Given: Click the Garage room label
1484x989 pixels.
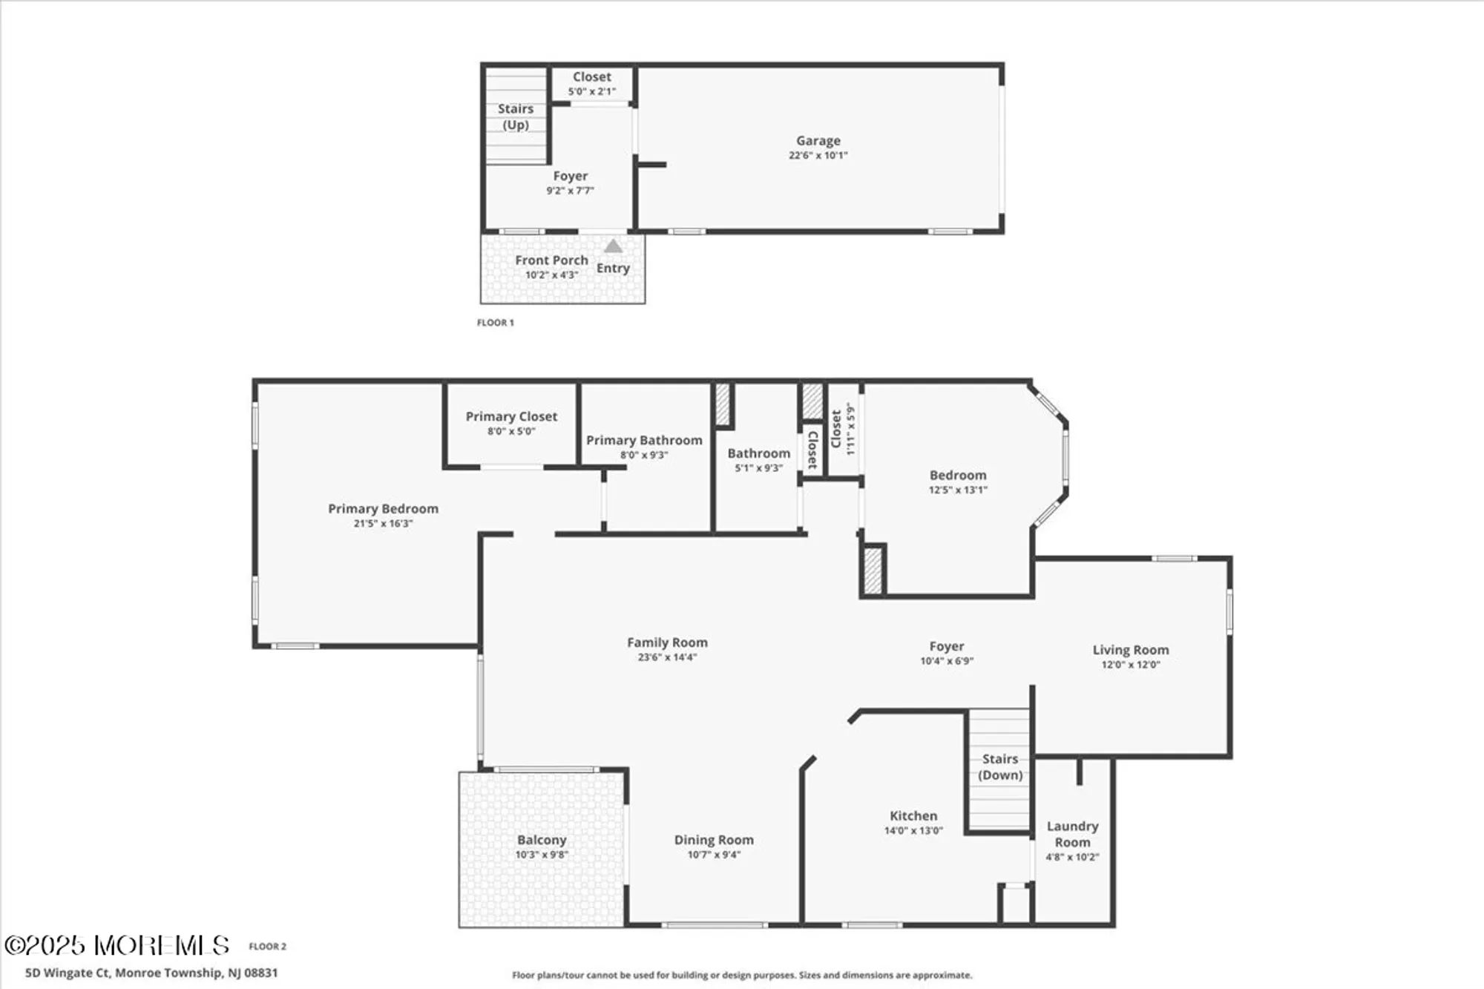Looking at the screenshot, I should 818,140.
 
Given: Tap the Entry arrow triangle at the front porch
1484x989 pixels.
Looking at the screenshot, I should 613,246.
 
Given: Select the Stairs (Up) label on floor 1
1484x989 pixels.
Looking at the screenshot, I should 516,116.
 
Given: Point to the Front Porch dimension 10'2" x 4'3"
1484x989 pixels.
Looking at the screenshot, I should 551,275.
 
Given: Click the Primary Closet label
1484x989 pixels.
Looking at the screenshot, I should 511,416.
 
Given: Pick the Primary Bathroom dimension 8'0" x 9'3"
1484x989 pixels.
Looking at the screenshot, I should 644,455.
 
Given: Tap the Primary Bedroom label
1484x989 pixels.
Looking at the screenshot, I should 383,508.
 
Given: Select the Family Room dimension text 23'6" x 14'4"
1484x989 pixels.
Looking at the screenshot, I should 667,657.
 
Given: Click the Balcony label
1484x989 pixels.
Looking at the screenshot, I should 542,840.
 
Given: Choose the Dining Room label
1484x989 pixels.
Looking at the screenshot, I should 714,840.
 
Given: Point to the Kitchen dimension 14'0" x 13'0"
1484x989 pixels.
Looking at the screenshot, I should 913,831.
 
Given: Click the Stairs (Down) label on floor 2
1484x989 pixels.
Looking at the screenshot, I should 1000,767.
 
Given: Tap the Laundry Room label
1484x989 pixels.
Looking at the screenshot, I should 1072,834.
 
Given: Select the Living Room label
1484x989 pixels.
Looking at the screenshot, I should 1130,650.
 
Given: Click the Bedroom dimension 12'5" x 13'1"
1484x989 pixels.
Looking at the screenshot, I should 958,490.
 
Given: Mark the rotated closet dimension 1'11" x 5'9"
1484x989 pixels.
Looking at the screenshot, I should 850,430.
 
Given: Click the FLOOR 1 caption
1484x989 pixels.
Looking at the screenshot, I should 495,323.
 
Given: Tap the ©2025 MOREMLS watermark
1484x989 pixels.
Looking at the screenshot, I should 117,945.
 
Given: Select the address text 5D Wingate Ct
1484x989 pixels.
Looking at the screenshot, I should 68,973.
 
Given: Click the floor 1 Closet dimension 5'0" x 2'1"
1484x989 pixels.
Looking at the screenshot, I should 591,92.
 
